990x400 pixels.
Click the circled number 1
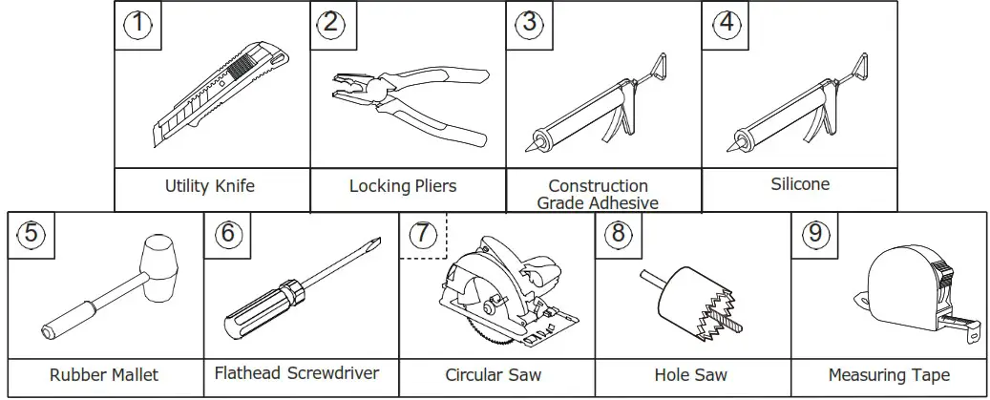click(139, 24)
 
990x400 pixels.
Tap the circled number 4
click(727, 24)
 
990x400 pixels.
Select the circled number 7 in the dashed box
click(423, 235)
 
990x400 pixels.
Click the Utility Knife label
click(210, 186)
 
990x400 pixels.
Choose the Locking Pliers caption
click(403, 186)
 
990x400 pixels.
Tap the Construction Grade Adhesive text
click(598, 194)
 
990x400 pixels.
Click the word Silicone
click(800, 184)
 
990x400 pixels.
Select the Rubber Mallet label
click(104, 375)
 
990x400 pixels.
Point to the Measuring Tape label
click(889, 375)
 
